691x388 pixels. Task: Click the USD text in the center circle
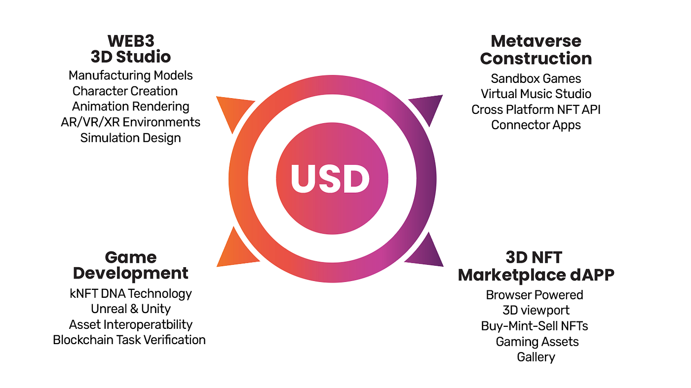point(330,178)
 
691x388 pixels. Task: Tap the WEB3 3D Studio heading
point(131,48)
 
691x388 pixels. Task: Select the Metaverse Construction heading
point(536,49)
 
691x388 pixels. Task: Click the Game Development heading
point(131,265)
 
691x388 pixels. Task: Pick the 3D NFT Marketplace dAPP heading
point(536,266)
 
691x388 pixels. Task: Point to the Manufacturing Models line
point(130,75)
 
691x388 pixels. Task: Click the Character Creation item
point(125,91)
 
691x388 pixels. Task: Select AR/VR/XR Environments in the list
point(130,122)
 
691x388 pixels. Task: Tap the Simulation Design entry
point(130,138)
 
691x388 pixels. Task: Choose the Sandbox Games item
point(536,78)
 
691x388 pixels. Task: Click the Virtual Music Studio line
point(536,94)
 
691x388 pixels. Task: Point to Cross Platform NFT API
point(536,109)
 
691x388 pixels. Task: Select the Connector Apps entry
point(536,125)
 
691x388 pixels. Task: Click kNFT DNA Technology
point(130,294)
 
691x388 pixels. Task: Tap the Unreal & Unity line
point(130,309)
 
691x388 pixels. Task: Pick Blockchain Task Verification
point(129,340)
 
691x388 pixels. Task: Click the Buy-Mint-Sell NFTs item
point(535,326)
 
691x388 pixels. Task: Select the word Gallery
point(536,357)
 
